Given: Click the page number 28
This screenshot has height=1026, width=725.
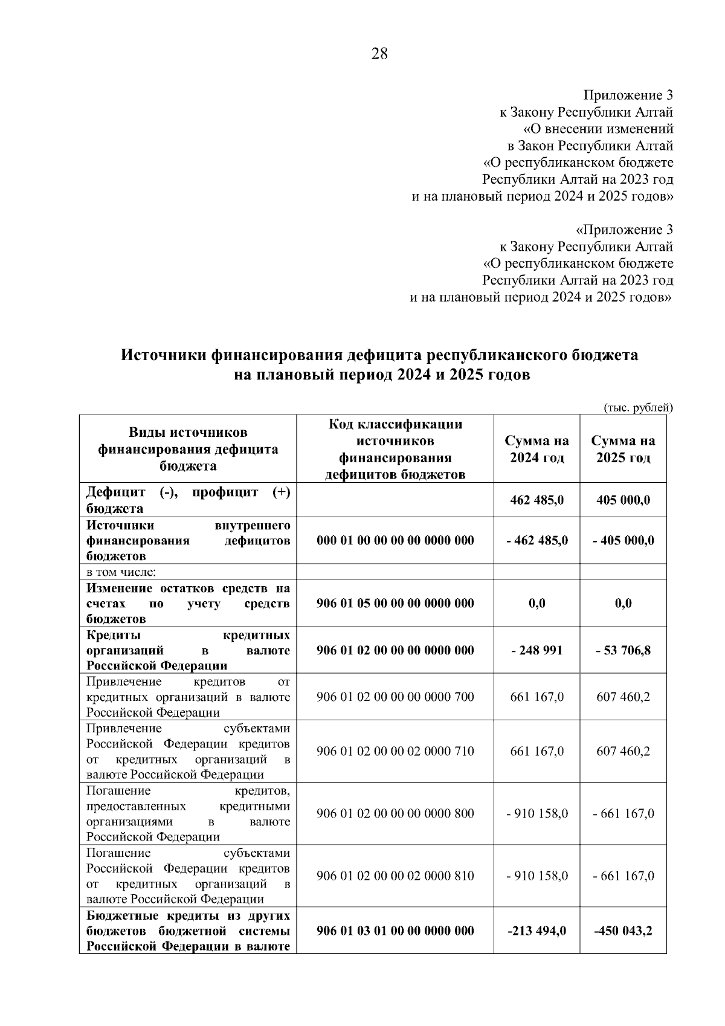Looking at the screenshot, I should click(379, 54).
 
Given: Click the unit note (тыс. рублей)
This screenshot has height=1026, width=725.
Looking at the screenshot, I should click(639, 408).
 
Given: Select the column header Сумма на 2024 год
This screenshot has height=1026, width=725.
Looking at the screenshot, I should click(536, 449).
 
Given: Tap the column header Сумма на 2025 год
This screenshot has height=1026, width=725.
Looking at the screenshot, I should click(623, 449).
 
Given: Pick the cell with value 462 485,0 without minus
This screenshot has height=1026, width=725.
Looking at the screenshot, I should click(536, 500).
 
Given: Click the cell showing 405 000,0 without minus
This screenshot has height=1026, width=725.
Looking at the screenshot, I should click(623, 500).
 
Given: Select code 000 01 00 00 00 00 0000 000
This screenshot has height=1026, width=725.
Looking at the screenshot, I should click(395, 540).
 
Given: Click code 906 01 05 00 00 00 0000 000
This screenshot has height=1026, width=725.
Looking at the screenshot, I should click(395, 603).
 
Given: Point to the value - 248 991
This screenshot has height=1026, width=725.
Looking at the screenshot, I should click(536, 650).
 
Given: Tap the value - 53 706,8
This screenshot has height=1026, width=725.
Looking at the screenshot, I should click(623, 650).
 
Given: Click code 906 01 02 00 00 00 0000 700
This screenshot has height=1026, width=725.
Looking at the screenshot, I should click(395, 697).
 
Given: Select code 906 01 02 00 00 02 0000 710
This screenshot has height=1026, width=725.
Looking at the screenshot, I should click(395, 751).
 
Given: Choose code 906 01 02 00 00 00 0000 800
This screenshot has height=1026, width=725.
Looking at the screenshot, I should click(395, 813).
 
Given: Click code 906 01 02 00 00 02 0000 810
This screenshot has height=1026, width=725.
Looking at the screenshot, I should click(395, 876).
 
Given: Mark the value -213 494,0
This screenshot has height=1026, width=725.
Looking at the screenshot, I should click(536, 931).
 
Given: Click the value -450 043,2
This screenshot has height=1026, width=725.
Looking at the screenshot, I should click(623, 931).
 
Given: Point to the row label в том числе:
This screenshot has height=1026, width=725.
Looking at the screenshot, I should click(121, 572).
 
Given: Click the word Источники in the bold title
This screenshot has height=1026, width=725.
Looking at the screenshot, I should click(163, 355).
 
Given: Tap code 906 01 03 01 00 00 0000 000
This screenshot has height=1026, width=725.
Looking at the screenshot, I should click(395, 931).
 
